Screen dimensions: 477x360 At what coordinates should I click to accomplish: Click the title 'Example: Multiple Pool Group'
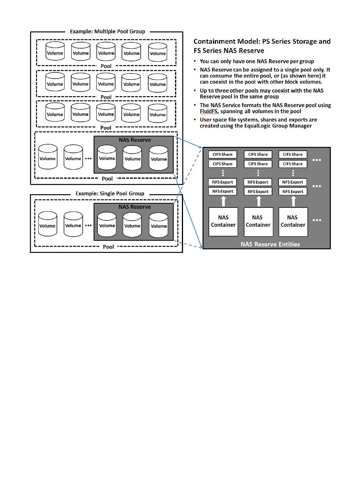click(x=107, y=31)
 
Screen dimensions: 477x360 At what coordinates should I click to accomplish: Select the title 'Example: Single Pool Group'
click(x=110, y=193)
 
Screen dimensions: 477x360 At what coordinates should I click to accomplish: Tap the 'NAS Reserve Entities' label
click(x=270, y=244)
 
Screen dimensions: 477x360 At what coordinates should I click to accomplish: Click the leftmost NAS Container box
click(x=223, y=221)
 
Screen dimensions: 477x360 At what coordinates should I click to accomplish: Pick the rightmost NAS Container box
click(x=293, y=221)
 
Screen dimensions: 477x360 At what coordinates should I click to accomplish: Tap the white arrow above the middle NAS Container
click(x=258, y=201)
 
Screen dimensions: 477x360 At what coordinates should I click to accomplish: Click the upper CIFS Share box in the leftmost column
click(x=222, y=154)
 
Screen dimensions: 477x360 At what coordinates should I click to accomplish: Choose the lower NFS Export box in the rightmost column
click(x=293, y=192)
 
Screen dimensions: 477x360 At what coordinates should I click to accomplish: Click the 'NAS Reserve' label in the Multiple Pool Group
click(x=135, y=140)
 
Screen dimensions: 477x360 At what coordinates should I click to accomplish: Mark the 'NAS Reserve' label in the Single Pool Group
click(x=135, y=207)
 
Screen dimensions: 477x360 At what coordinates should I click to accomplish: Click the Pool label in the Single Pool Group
click(x=108, y=247)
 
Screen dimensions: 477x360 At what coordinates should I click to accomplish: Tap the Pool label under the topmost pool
click(x=106, y=65)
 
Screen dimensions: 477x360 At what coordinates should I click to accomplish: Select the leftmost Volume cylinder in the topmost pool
click(x=55, y=51)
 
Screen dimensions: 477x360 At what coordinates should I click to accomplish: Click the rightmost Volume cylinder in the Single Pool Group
click(x=158, y=224)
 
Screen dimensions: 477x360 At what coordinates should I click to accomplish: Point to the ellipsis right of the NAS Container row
click(x=317, y=220)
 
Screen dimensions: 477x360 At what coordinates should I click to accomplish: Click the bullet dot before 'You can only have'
click(x=195, y=61)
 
